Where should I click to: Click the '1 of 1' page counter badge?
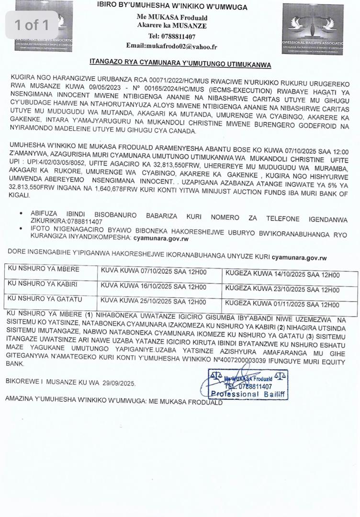point(32,24)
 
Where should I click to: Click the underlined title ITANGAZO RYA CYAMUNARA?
point(180,64)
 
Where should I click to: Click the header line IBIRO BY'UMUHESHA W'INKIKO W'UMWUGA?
point(179,7)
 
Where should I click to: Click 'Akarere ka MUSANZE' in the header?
point(178,26)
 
